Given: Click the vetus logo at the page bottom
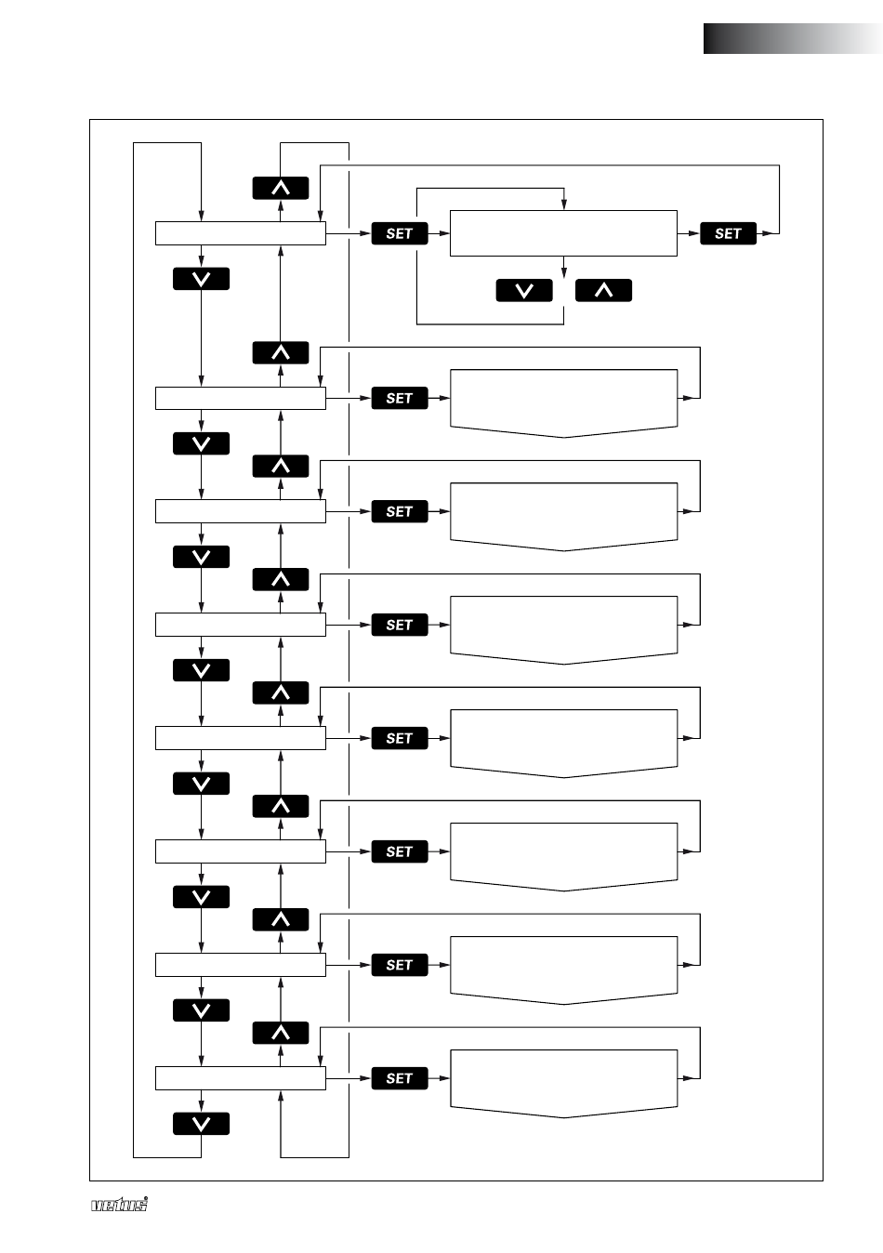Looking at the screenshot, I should click(x=119, y=1205).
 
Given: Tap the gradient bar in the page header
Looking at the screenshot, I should click(x=792, y=39).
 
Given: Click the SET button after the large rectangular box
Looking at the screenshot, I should click(x=728, y=233).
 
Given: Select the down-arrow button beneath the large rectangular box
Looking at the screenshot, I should click(x=524, y=290).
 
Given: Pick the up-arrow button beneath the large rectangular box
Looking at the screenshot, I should click(x=603, y=290).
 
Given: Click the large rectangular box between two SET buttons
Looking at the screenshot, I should click(x=563, y=233).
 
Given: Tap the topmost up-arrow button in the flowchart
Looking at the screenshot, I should click(x=281, y=188).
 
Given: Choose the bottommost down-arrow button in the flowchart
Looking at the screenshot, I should click(x=201, y=1124).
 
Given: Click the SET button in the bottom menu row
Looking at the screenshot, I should click(x=400, y=1078).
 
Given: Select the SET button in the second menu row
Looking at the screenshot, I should click(x=400, y=398).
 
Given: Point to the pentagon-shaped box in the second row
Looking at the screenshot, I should click(x=563, y=401).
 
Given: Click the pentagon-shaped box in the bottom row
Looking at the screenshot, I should click(x=563, y=1081).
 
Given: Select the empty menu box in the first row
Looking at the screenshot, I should click(x=240, y=233).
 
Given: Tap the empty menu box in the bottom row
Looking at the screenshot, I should click(x=240, y=1078).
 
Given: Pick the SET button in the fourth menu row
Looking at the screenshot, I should click(x=400, y=625).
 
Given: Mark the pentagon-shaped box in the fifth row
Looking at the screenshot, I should click(x=563, y=741).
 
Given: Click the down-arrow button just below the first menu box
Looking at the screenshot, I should click(x=201, y=279).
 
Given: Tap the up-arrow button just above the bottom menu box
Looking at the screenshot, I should click(x=281, y=1033).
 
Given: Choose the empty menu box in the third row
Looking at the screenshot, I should click(x=240, y=511).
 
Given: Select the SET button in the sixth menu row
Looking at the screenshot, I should click(x=400, y=851).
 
